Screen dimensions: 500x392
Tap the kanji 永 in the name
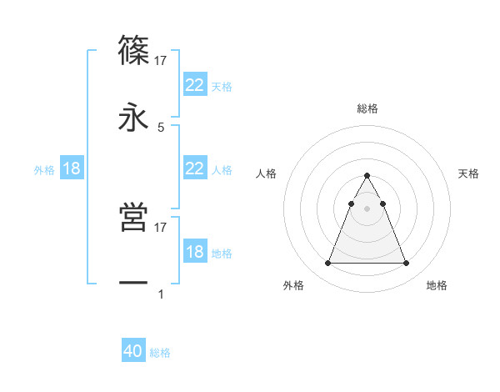[x=134, y=118]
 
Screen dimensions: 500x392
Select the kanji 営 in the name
[x=134, y=217]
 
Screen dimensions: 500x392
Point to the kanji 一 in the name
[x=134, y=284]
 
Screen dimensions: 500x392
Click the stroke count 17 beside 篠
[x=161, y=60]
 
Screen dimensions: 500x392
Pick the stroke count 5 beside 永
[x=161, y=128]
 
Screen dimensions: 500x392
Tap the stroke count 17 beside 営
[x=161, y=227]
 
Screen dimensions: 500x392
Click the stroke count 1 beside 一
[x=161, y=294]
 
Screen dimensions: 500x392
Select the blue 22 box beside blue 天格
[x=194, y=85]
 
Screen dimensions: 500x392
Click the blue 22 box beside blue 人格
[x=194, y=168]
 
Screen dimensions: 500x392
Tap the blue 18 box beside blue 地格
[x=194, y=252]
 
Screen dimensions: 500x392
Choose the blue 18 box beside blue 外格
[x=72, y=168]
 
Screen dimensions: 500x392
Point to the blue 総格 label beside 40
[x=160, y=353]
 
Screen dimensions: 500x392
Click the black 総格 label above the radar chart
[x=367, y=108]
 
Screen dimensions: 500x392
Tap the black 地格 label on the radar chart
[x=437, y=286]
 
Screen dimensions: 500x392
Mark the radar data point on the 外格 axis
[x=327, y=264]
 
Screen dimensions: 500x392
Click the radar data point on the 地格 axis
[x=407, y=264]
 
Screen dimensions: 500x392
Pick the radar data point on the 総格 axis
[x=367, y=175]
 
